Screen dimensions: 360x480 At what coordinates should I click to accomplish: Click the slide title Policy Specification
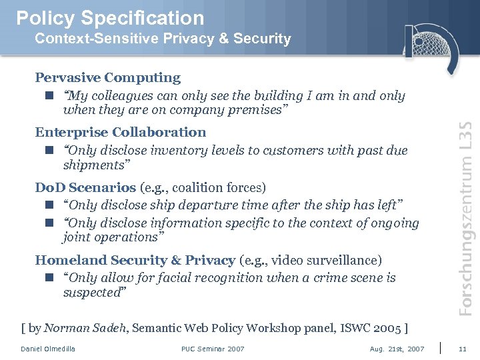tap(109, 18)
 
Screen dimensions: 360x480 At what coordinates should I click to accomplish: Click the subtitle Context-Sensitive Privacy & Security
tap(163, 39)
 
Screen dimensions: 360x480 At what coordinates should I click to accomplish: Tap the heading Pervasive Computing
tap(107, 77)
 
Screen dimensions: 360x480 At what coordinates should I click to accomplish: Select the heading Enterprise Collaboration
tap(120, 132)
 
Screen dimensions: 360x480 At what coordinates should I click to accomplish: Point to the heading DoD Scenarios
tap(85, 187)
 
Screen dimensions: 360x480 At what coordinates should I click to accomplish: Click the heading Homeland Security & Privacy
tap(135, 260)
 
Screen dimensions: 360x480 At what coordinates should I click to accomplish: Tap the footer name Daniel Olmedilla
tap(48, 349)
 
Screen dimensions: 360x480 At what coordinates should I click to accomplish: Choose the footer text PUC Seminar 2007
tap(213, 349)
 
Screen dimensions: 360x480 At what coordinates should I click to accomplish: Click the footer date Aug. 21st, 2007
tap(397, 349)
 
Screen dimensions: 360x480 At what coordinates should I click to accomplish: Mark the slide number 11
tap(463, 349)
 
